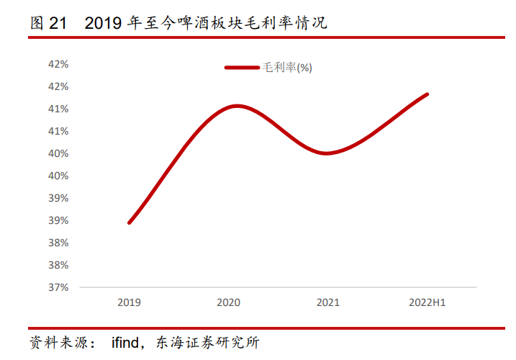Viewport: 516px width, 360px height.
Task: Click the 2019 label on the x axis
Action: pos(129,302)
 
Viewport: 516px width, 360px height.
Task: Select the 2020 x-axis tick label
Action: pos(228,302)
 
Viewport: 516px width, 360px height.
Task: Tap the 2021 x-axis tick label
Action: pos(327,302)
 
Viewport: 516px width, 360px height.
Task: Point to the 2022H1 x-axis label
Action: pos(427,302)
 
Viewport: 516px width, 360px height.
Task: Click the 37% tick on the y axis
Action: pos(58,287)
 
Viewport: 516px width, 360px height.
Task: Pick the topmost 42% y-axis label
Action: pos(58,64)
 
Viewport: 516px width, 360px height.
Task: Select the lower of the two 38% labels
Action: pos(58,265)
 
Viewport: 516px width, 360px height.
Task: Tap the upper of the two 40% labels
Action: pos(58,153)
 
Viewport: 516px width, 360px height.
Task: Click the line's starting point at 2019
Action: pos(130,222)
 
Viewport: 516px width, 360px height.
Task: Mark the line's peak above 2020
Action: pos(237,106)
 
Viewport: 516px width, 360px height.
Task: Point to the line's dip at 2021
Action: pos(326,153)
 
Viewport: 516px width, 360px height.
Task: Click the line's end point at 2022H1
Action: pos(427,94)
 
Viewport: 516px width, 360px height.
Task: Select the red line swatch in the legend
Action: pos(242,68)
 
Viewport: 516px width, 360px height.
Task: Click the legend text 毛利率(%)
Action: pos(287,68)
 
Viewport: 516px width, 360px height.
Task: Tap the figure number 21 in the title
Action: pos(58,23)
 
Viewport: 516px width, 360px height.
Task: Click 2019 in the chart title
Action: pos(103,23)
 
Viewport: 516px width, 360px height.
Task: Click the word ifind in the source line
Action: pos(125,343)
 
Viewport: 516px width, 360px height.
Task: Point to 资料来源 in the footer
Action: pos(58,343)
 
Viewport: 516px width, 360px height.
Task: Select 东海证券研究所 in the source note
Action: pos(208,343)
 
